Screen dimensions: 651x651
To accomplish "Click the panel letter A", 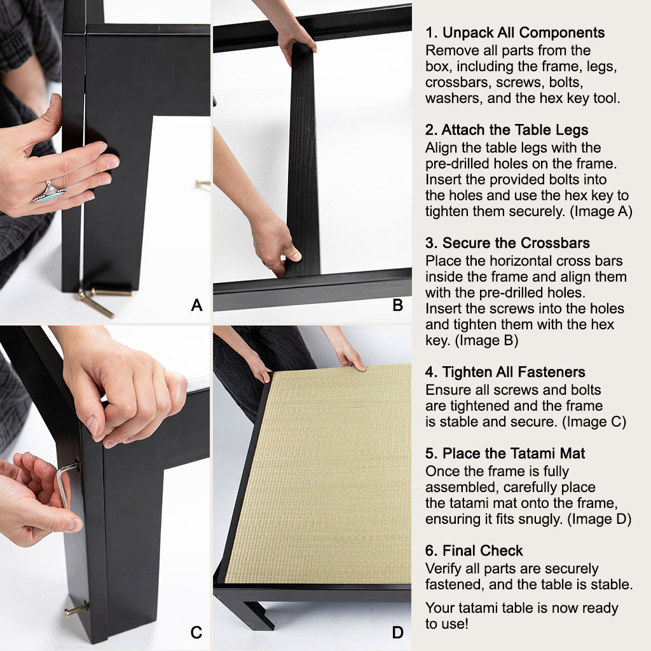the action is (x=196, y=305).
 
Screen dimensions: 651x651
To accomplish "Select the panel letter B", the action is (x=398, y=305).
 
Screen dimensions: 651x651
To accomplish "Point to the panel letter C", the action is (x=196, y=633).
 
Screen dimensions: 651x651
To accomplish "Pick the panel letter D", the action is (x=398, y=633).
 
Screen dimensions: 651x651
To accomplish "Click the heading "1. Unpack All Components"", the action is (x=515, y=32).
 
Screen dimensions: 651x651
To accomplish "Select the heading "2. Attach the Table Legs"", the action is (x=507, y=130).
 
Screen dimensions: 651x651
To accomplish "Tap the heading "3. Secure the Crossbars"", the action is (x=507, y=243).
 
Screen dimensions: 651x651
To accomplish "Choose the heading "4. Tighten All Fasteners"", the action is (x=505, y=372).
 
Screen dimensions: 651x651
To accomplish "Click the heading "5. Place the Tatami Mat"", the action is (x=505, y=453).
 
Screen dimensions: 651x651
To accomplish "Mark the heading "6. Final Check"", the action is (x=474, y=551).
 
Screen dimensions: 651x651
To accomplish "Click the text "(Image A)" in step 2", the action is (x=601, y=211).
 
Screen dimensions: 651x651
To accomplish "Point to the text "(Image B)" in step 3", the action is (x=486, y=341).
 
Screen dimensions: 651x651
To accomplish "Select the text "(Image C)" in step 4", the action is (x=594, y=422).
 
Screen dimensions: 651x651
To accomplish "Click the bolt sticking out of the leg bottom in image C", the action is (x=76, y=610).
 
